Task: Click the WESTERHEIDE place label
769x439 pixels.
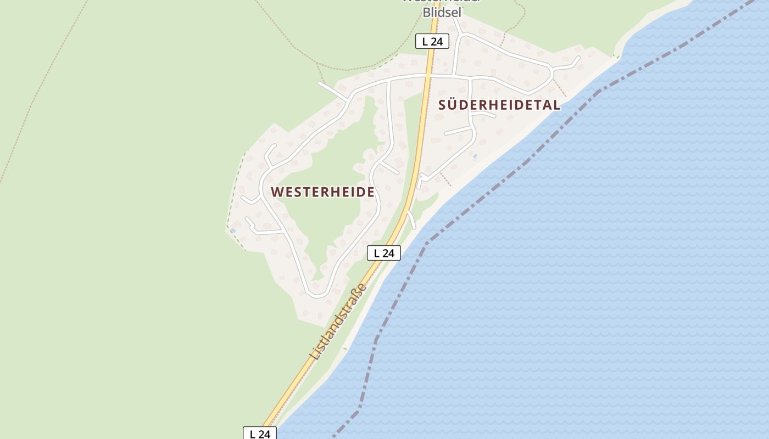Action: pos(322,192)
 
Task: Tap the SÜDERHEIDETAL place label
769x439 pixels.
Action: pos(499,105)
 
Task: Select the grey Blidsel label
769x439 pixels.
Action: pos(442,12)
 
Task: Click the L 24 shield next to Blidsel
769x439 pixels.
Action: pos(432,41)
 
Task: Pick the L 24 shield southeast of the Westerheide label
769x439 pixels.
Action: pos(384,253)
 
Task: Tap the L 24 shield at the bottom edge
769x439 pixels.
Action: pos(260,434)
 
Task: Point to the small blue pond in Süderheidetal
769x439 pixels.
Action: pos(475,156)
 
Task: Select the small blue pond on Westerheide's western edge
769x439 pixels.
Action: pos(233,230)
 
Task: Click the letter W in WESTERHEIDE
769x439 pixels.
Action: pos(276,192)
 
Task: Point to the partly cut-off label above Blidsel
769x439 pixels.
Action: pos(442,2)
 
